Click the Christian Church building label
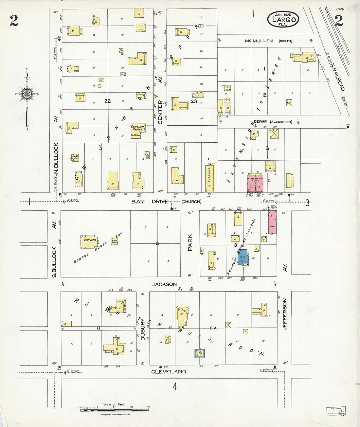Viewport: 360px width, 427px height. point(138,128)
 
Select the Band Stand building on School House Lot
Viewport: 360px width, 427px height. point(114,240)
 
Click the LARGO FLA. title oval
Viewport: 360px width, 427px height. point(283,19)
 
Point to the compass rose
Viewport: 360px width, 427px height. point(26,93)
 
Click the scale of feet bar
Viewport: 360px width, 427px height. point(114,409)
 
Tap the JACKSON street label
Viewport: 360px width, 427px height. point(164,284)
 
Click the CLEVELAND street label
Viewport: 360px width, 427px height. point(169,372)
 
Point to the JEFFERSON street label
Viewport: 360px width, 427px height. point(285,314)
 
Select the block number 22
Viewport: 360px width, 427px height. point(107,101)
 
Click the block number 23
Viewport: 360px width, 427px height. point(194,101)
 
